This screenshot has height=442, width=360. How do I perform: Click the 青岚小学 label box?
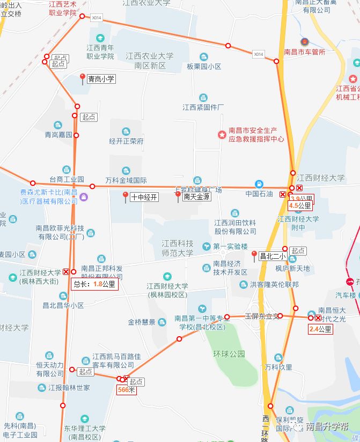click(x=101, y=78)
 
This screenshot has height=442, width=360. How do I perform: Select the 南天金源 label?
click(x=196, y=197)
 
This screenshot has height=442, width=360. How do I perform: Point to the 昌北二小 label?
click(x=272, y=256)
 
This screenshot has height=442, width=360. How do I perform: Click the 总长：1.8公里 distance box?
click(x=94, y=284)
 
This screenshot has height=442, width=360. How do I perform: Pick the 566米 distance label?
click(x=127, y=390)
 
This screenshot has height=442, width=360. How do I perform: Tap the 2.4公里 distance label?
click(x=320, y=329)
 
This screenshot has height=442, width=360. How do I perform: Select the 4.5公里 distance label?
click(x=300, y=205)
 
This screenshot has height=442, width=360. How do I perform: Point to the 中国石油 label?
click(x=259, y=193)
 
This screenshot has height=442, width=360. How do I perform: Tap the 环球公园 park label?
click(x=229, y=354)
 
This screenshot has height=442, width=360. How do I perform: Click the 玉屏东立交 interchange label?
click(x=262, y=316)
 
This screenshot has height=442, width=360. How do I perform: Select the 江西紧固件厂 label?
click(x=203, y=107)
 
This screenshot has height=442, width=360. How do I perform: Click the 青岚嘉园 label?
click(x=58, y=135)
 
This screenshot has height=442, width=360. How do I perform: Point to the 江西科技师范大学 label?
click(x=178, y=248)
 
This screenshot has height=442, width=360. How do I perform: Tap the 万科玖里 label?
click(x=278, y=367)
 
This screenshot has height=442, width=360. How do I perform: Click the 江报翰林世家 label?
click(x=69, y=387)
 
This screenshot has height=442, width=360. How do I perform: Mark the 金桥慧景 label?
click(x=142, y=322)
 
